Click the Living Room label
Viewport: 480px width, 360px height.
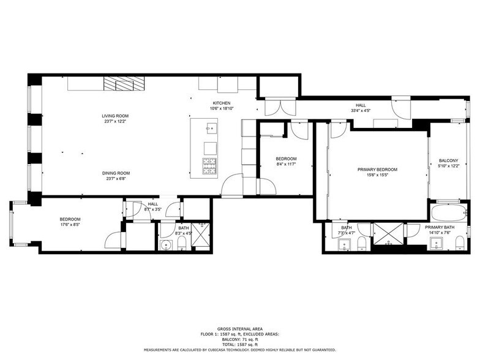point(115,116)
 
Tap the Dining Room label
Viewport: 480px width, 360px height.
point(115,173)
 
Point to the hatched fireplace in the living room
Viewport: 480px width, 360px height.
point(118,84)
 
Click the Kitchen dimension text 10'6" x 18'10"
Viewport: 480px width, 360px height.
point(221,108)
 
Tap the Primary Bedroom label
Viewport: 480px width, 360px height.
point(377,170)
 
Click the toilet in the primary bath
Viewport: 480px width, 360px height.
point(460,246)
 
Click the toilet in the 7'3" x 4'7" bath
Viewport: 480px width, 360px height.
point(362,246)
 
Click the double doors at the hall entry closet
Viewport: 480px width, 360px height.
point(277,108)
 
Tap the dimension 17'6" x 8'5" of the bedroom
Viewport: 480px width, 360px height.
point(70,225)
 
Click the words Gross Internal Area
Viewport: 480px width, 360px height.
point(239,329)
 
